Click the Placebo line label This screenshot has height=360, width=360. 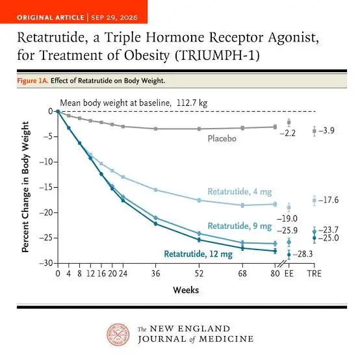point(222,138)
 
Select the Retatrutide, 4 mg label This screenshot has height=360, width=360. point(240,192)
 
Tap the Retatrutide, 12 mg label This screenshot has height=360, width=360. point(198,254)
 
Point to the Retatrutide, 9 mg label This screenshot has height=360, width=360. point(240,226)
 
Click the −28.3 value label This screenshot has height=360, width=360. point(303,254)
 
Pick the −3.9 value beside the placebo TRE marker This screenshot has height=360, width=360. point(326,131)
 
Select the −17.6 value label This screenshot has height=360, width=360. point(328,200)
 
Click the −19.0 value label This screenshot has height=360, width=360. point(287,218)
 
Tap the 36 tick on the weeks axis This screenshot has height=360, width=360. point(155,274)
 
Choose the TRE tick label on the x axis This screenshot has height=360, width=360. point(315,274)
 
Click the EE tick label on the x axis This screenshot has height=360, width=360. point(289,274)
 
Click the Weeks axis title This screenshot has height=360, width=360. point(186,290)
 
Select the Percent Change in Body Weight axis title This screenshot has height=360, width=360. point(25,187)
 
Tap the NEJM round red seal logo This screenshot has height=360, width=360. point(118,335)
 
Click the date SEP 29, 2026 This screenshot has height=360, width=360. point(114,18)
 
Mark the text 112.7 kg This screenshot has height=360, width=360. point(192,103)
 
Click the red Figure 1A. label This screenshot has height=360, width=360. point(32,81)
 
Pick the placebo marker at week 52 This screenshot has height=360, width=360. point(199,129)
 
